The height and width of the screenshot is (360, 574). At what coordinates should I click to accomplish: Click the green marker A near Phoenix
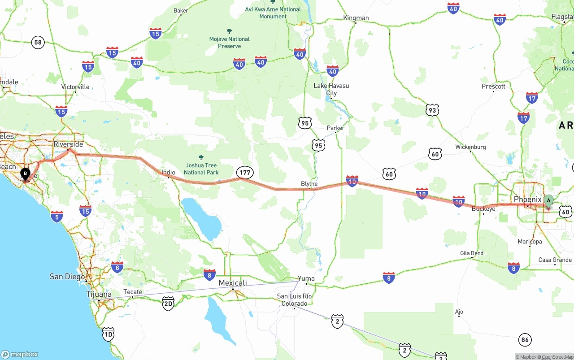pos(548,201)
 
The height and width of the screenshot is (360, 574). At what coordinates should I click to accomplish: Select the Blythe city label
pos(309,184)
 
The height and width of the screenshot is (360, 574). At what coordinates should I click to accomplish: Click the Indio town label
pos(168,173)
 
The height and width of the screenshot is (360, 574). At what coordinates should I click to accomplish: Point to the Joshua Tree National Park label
pos(201,169)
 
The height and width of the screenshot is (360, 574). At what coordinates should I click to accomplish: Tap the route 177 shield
pos(245,173)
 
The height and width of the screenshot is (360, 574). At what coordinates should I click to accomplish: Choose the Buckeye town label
pos(483,209)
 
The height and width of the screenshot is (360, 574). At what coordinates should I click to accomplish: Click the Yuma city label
pos(306,278)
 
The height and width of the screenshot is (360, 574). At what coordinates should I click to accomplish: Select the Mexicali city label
pos(233,283)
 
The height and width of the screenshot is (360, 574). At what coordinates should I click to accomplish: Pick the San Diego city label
pos(67,277)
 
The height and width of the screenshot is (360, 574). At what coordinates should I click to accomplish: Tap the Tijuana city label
pos(99,295)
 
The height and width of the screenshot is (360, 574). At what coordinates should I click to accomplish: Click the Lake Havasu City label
pos(331,89)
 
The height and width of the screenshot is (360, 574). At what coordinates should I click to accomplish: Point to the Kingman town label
pos(356,18)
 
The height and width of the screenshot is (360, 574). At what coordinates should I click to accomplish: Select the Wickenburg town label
pos(470,147)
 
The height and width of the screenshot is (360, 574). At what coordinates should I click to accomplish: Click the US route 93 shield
pos(432,110)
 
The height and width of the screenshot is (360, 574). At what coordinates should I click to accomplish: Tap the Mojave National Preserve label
pos(229,43)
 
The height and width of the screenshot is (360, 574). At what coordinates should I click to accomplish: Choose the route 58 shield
pos(38,43)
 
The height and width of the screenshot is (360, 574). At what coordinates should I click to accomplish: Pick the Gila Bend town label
pos(472,253)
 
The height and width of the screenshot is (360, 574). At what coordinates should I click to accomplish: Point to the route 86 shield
pos(525,340)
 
